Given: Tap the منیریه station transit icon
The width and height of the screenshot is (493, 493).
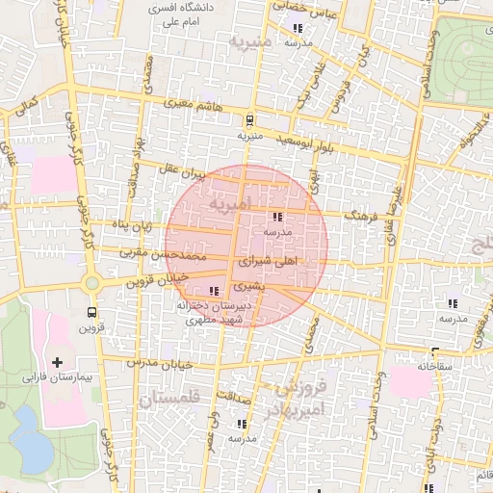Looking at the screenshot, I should tap(250, 120).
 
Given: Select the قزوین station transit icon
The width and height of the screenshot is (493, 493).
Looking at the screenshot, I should tap(91, 312).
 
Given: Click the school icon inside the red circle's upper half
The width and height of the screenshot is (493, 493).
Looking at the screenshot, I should tap(278, 218).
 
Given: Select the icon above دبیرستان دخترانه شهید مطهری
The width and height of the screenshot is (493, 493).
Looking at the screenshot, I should tap(213, 290).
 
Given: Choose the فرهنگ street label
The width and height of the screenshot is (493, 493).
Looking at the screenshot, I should tap(360, 217).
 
